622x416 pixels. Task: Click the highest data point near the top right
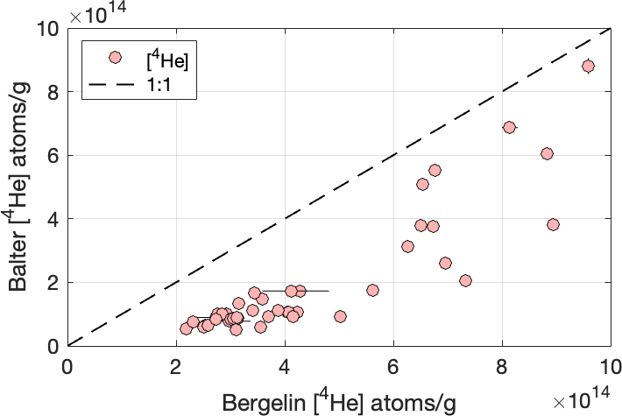click(588, 66)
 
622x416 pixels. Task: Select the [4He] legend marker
click(114, 58)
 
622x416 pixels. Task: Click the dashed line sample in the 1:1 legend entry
click(114, 86)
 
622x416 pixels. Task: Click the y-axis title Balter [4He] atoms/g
click(18, 187)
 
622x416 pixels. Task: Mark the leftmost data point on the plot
click(186, 328)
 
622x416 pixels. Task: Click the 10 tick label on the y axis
click(49, 29)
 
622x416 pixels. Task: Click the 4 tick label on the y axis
click(54, 219)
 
